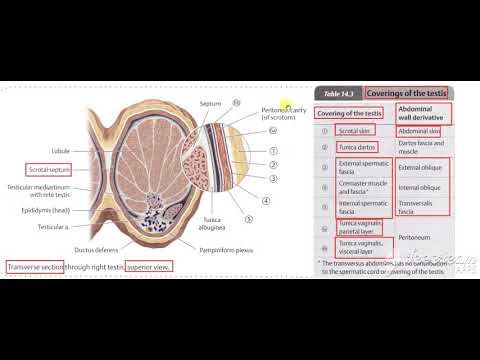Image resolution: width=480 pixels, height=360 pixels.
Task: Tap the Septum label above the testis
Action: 210,103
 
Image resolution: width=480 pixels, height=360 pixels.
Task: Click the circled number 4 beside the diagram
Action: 266,199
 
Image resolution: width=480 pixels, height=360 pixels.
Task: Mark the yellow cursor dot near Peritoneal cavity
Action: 285,107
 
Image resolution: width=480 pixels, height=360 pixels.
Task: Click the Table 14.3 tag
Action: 337,92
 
